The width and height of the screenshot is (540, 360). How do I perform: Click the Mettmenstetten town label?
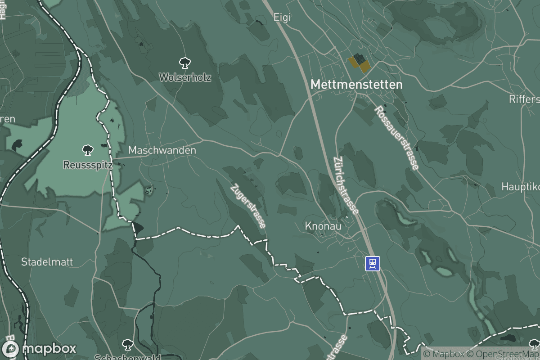[356, 84]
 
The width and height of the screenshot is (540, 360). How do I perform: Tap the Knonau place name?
[323, 226]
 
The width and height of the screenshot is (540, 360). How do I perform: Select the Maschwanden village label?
[162, 150]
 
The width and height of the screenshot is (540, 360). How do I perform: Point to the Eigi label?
[283, 18]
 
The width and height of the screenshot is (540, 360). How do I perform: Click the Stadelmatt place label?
[47, 262]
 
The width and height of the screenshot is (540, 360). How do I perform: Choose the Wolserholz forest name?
[185, 77]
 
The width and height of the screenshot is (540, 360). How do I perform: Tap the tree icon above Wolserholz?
[184, 63]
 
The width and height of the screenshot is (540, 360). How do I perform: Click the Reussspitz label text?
[87, 165]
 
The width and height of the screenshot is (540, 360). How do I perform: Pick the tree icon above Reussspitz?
[87, 150]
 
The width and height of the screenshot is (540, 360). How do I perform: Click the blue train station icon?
[372, 263]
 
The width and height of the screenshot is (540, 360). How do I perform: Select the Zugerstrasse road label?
[248, 206]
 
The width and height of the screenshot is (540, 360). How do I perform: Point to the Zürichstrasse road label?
[346, 185]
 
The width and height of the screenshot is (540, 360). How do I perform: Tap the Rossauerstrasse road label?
[396, 138]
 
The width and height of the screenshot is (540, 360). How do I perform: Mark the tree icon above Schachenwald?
[127, 344]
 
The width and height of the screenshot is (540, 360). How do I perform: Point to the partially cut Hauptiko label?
[521, 186]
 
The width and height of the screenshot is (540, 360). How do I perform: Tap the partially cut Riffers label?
[524, 99]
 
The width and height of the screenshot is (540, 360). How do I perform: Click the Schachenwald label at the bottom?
[127, 357]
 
